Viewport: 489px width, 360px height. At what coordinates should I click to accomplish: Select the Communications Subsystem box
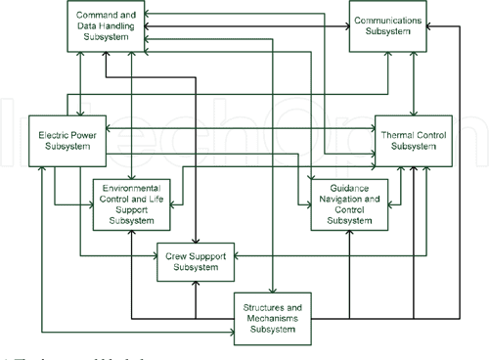(x=389, y=24)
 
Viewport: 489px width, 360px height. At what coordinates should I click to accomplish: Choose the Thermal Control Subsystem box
(x=417, y=140)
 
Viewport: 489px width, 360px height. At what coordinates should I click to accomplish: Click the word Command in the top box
(x=94, y=12)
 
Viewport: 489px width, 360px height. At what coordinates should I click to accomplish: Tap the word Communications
(x=389, y=19)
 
